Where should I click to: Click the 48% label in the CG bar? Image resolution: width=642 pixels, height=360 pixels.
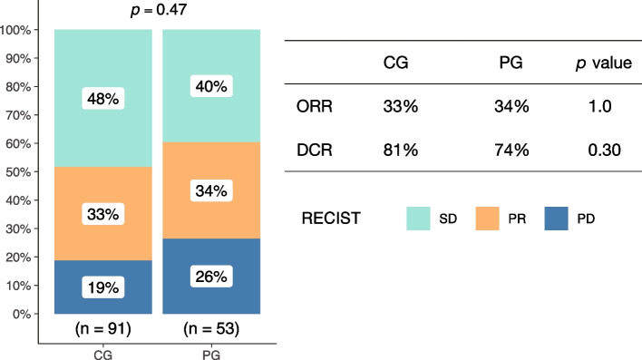(x=101, y=98)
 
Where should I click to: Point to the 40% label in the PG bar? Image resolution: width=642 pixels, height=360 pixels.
(x=209, y=86)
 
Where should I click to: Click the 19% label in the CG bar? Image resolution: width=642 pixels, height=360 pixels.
(x=101, y=287)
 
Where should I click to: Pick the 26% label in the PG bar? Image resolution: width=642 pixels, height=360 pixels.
(x=209, y=277)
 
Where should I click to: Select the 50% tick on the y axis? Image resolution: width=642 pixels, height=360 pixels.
(x=17, y=172)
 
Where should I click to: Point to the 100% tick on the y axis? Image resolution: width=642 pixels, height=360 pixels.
(x=15, y=30)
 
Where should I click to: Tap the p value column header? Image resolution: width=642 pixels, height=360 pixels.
(x=597, y=64)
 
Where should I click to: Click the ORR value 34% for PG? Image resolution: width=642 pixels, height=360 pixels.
(x=509, y=106)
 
